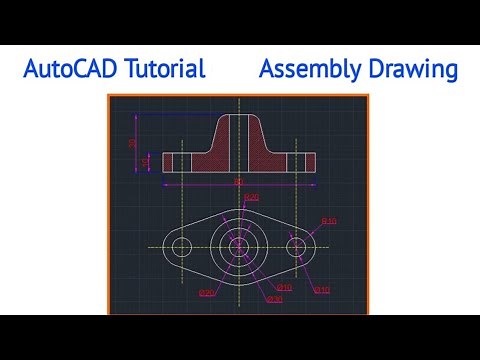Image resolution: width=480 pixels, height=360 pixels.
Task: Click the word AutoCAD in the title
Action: tap(67, 69)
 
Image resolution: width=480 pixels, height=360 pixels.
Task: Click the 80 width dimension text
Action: tap(238, 182)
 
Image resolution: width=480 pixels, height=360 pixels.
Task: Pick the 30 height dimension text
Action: tap(132, 143)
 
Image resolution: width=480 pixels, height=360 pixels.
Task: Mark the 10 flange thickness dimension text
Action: tap(146, 160)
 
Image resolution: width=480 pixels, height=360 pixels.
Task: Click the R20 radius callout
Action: tap(251, 197)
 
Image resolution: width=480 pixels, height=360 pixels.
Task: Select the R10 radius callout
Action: tap(328, 220)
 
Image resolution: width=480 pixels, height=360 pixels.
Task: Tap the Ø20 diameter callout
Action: tap(206, 292)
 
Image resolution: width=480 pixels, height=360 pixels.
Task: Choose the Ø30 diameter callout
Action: tap(275, 298)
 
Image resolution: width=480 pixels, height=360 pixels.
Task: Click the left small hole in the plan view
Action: tap(181, 246)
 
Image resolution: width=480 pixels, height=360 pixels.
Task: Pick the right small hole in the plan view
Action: tap(297, 246)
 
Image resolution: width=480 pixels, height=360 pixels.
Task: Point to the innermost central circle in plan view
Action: tap(238, 246)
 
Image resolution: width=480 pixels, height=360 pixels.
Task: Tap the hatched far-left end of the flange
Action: tap(168, 161)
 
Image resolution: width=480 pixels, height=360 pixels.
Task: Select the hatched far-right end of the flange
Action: tap(309, 161)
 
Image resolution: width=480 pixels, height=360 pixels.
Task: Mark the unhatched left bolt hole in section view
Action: tap(181, 161)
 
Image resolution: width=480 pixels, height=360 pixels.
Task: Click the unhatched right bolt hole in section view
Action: tap(297, 161)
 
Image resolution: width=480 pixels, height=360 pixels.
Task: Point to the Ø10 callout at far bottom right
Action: tap(322, 290)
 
